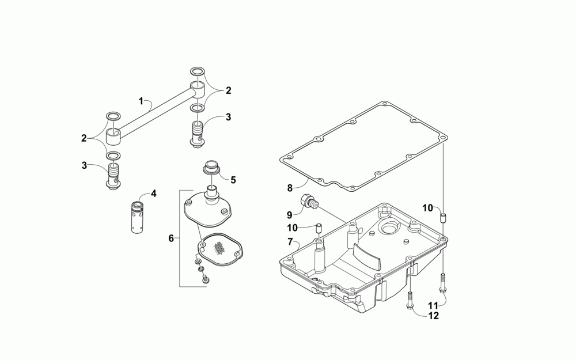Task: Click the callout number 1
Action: pyautogui.click(x=141, y=101)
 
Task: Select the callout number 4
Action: pyautogui.click(x=154, y=194)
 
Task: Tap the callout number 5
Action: pyautogui.click(x=233, y=180)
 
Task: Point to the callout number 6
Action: pyautogui.click(x=170, y=238)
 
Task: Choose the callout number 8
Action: pyautogui.click(x=290, y=187)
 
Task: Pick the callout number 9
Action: pyautogui.click(x=290, y=214)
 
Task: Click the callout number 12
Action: pyautogui.click(x=433, y=315)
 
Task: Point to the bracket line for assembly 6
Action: pyautogui.click(x=180, y=238)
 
